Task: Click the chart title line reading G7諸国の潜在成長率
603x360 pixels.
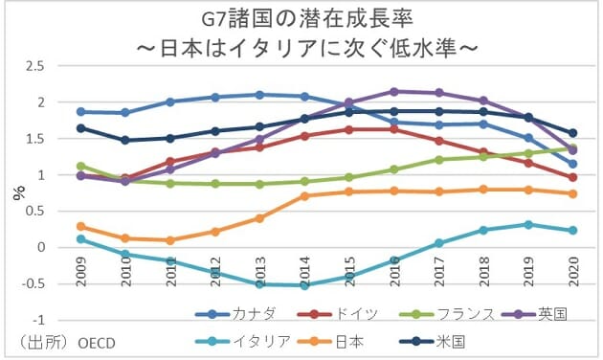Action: pyautogui.click(x=301, y=17)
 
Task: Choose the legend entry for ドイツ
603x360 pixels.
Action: pyautogui.click(x=346, y=313)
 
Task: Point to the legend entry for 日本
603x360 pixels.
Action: pyautogui.click(x=346, y=340)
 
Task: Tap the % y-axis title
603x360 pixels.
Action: pyautogui.click(x=17, y=191)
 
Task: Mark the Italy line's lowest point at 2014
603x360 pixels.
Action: pyautogui.click(x=305, y=284)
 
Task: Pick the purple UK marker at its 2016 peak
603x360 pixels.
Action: pyautogui.click(x=394, y=91)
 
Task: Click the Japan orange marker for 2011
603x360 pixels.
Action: pyautogui.click(x=170, y=240)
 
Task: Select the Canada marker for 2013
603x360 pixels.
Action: pyautogui.click(x=260, y=95)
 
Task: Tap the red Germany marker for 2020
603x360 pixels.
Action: pyautogui.click(x=572, y=177)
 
